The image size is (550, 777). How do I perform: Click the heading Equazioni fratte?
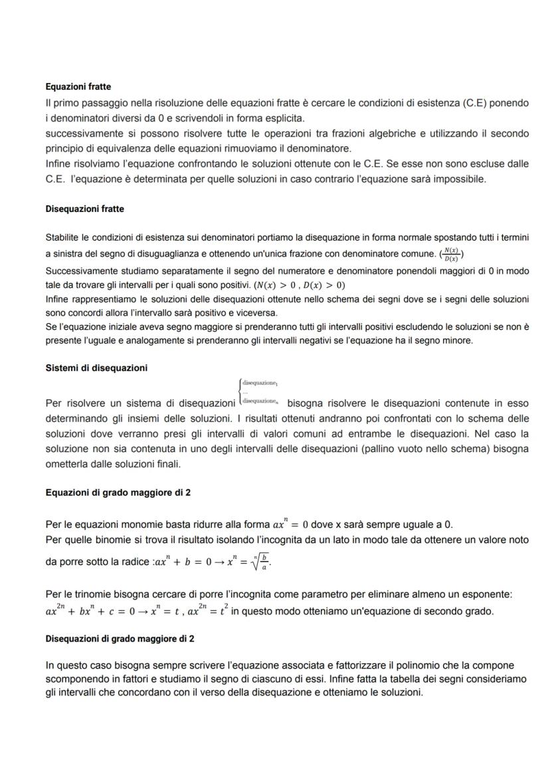(78, 86)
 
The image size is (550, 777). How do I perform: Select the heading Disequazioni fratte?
(84, 209)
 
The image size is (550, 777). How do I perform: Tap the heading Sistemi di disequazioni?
(96, 368)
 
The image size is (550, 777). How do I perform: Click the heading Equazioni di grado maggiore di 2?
(120, 493)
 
